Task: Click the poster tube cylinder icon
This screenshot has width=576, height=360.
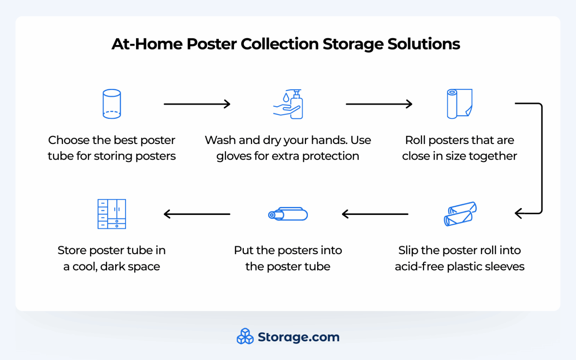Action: coord(112,104)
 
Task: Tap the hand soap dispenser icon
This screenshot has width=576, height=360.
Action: coord(288,104)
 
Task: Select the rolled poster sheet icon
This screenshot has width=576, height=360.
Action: coord(459,104)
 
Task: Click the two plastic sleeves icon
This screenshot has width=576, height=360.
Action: coord(460,214)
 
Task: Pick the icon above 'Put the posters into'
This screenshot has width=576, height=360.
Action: coord(288,214)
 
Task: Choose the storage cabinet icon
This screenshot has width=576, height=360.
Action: coord(112,214)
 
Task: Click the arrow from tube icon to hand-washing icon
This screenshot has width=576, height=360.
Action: coord(197,104)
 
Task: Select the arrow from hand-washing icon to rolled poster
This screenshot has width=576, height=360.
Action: coord(379,104)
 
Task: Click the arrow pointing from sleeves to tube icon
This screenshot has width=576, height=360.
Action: coord(375,214)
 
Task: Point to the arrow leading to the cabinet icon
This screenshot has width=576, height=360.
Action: coord(197,214)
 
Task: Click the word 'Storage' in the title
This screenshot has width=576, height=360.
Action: coord(352,44)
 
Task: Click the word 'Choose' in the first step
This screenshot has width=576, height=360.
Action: coord(69,140)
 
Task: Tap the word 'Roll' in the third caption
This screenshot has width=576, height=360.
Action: coord(415,140)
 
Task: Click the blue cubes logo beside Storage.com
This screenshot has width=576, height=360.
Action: coord(245,336)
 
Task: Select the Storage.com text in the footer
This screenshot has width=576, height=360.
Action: coord(298,337)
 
